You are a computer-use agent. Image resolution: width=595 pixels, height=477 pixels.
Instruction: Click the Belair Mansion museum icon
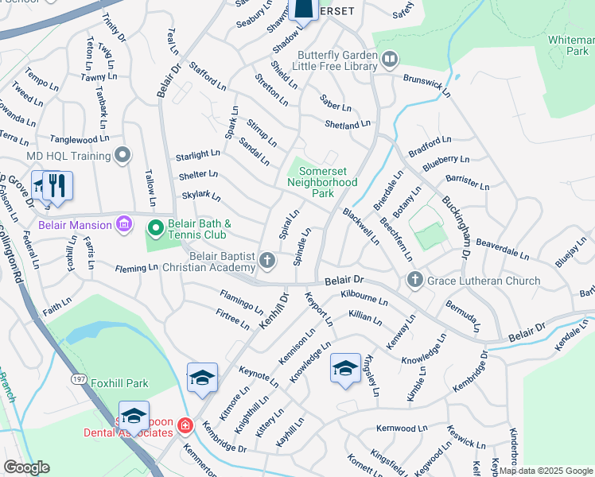(123, 223)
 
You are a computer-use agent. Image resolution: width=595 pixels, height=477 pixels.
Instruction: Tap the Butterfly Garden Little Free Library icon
(389, 58)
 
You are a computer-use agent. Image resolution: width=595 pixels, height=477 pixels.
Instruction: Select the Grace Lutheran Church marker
(414, 281)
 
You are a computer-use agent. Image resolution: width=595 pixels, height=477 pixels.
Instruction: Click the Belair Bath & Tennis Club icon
(155, 229)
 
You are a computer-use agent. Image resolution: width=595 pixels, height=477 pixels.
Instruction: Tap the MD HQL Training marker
(122, 155)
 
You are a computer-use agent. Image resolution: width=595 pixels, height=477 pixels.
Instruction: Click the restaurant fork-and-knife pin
(55, 186)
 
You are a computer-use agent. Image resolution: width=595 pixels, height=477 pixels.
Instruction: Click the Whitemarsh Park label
(570, 45)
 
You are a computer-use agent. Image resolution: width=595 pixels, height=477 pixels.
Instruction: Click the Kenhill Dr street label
(274, 312)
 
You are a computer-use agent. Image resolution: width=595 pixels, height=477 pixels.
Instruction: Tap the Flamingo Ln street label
(241, 301)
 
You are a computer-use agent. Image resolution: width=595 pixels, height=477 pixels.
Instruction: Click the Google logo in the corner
(26, 467)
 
